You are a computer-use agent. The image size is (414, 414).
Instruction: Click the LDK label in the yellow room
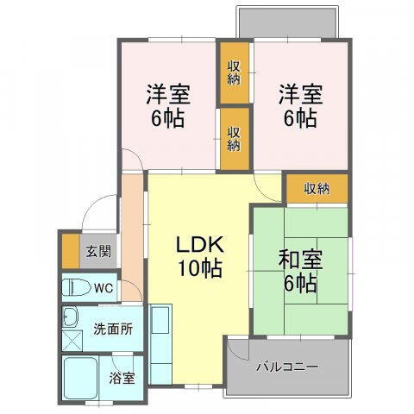click(200, 242)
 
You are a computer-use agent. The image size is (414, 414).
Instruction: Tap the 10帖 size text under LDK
click(200, 268)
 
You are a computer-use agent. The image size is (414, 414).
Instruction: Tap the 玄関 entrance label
click(97, 252)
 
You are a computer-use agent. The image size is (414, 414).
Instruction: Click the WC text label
click(103, 287)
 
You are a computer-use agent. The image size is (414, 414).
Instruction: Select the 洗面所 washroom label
click(112, 329)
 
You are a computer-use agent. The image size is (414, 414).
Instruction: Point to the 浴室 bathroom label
click(122, 377)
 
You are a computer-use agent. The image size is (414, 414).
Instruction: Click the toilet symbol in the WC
click(74, 287)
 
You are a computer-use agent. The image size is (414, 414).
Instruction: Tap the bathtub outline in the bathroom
click(84, 378)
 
